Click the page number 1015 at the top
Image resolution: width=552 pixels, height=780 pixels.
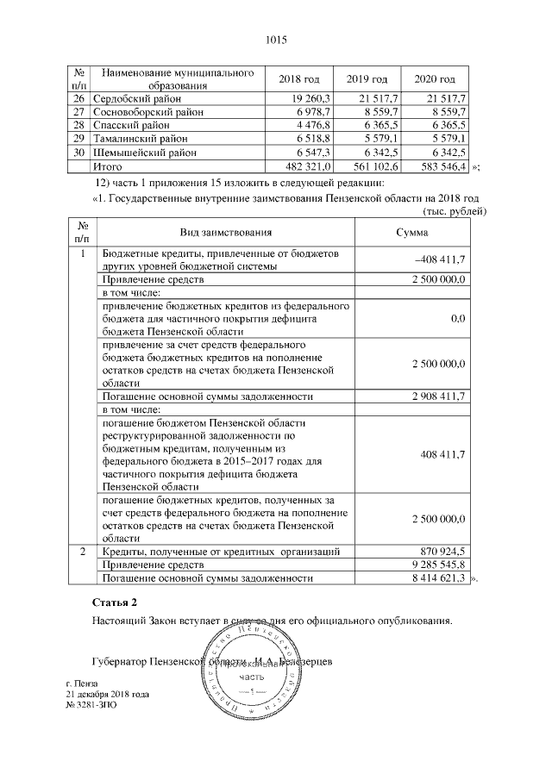[x=276, y=40]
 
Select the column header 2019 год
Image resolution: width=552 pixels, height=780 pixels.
[x=367, y=79]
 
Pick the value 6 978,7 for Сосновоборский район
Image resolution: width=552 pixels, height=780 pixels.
[x=315, y=112]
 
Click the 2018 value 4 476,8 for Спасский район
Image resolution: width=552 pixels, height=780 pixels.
[x=315, y=125]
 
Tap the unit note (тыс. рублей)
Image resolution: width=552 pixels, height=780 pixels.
[x=448, y=211]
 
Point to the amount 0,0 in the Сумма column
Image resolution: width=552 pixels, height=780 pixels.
[x=458, y=319]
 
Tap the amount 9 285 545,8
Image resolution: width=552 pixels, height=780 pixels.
[x=436, y=564]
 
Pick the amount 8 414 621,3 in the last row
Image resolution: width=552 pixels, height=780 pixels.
[x=436, y=577]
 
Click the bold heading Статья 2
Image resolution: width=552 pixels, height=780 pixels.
[x=114, y=601]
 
